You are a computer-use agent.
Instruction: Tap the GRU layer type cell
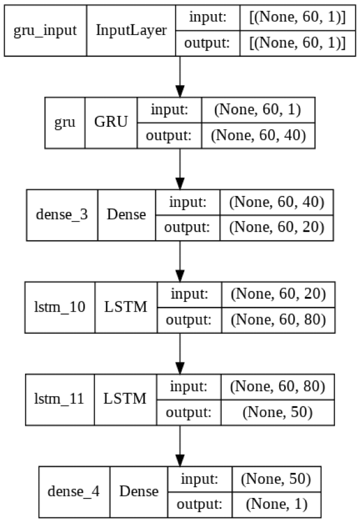pos(111,122)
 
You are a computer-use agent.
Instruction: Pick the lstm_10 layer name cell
pos(59,307)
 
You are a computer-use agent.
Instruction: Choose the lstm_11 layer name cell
pos(59,399)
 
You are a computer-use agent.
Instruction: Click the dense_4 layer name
pos(74,491)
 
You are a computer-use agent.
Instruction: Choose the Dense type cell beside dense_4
pos(138,491)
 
